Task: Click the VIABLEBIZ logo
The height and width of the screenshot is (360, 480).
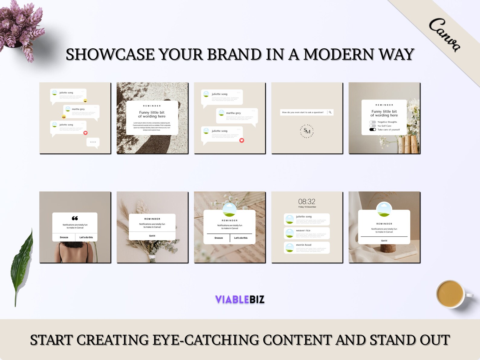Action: click(240, 299)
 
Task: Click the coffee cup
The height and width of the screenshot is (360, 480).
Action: click(451, 294)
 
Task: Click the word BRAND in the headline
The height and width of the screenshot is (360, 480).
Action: click(234, 54)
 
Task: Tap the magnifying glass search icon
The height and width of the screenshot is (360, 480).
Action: click(330, 112)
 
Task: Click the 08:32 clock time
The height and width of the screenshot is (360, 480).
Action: click(307, 202)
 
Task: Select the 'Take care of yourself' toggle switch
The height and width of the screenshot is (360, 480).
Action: click(373, 130)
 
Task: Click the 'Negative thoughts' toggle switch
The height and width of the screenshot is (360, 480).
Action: click(373, 122)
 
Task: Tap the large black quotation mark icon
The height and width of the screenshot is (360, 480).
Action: click(75, 218)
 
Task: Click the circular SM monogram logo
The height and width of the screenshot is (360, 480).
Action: click(307, 131)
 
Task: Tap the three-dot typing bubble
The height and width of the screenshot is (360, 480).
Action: click(93, 142)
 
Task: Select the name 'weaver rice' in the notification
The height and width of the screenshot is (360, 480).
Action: click(303, 231)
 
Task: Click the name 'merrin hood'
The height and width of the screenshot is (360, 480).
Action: click(303, 245)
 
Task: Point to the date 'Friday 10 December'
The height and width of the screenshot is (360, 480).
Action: click(307, 207)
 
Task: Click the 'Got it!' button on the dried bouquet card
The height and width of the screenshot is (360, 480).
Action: click(152, 236)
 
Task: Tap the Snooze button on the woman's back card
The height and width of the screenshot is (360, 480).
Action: click(64, 237)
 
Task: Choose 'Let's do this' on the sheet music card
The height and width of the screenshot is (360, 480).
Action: click(241, 238)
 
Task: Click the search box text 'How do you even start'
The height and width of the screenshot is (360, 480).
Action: click(303, 112)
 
